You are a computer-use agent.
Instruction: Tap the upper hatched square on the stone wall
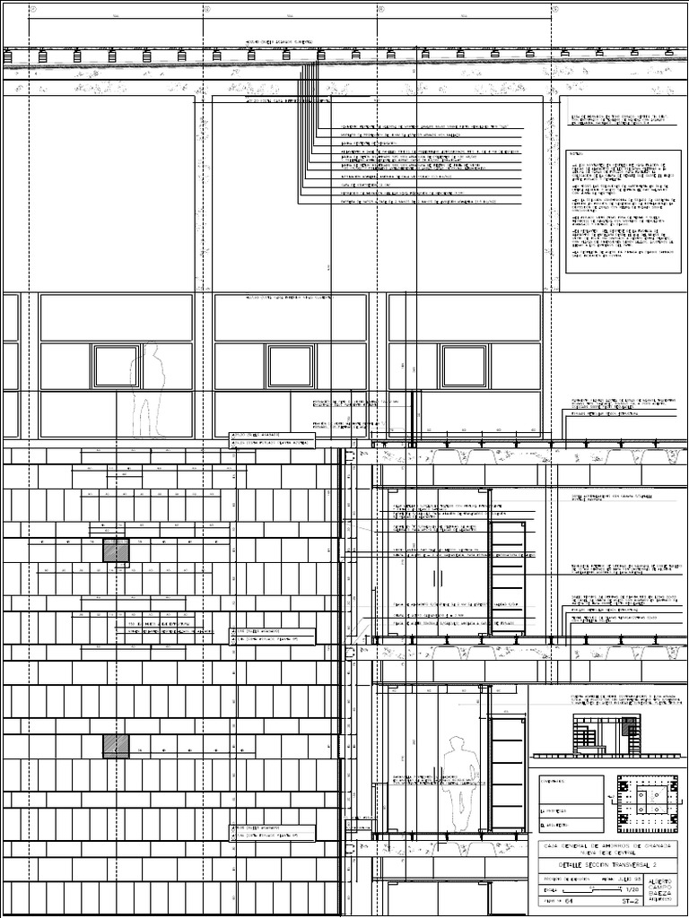click(x=116, y=551)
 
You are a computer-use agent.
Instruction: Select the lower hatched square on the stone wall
click(x=116, y=746)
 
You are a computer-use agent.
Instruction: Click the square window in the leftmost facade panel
click(x=116, y=366)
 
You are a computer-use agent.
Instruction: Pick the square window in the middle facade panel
click(x=290, y=366)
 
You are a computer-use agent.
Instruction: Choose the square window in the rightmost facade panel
click(x=464, y=366)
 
